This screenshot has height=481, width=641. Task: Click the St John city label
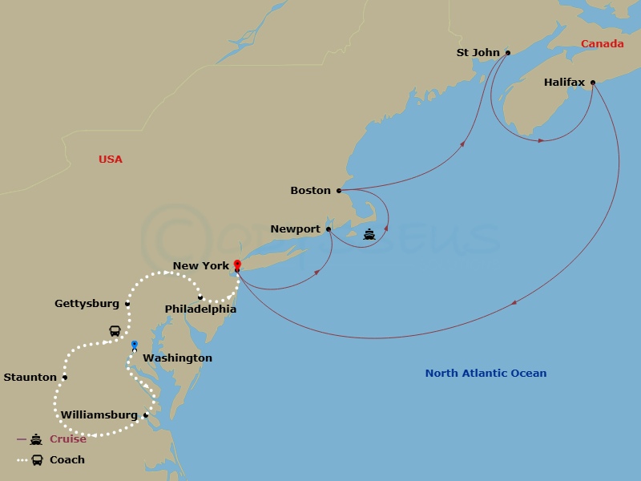(x=478, y=53)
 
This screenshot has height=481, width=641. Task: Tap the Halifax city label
(x=564, y=83)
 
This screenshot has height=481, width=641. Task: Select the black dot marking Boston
(x=339, y=191)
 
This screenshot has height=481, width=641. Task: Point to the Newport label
(x=295, y=229)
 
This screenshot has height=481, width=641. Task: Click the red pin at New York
(x=237, y=264)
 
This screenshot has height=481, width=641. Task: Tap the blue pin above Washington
(x=135, y=346)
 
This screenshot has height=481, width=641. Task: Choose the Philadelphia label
(x=200, y=309)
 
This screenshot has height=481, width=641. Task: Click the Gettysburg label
(x=87, y=304)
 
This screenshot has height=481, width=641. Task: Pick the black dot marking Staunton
(x=65, y=378)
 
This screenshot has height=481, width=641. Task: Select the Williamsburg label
(x=99, y=415)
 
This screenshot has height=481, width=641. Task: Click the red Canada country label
(x=603, y=44)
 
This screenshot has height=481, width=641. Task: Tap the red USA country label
(x=111, y=160)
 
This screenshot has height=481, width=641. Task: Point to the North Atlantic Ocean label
(x=486, y=374)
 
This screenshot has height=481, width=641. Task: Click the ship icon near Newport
(x=369, y=234)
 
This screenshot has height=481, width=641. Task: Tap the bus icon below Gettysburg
(x=115, y=331)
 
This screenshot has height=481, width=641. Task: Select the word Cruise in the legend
(x=68, y=439)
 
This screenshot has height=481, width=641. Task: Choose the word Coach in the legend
(x=67, y=460)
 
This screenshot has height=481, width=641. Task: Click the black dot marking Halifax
(x=593, y=83)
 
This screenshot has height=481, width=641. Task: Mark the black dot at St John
(x=508, y=53)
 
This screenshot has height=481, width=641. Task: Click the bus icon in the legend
(x=37, y=460)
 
